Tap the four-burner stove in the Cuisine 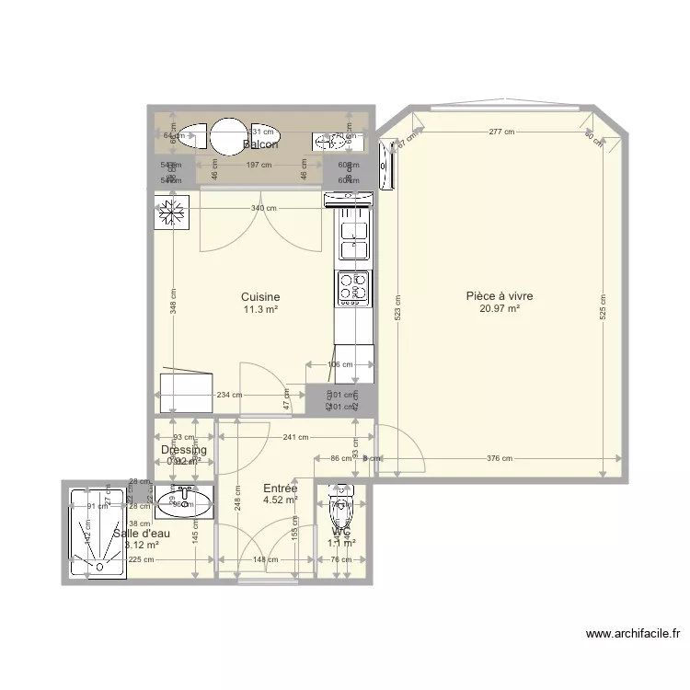353,288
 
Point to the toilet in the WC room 340,501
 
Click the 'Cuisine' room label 260,297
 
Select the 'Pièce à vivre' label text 500,296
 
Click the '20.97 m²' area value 500,309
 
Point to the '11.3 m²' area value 260,310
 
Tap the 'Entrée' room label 280,489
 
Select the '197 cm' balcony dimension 259,166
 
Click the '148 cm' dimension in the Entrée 265,558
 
